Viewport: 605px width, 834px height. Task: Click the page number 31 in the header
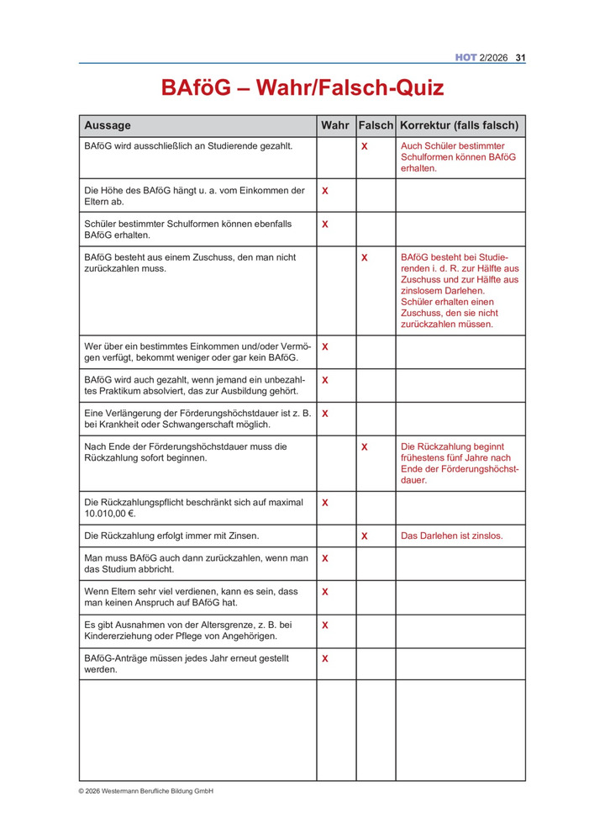click(520, 58)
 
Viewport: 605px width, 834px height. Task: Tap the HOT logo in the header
click(466, 58)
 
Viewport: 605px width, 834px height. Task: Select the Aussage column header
click(108, 125)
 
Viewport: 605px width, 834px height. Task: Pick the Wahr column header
click(334, 125)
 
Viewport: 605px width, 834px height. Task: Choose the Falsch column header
click(375, 125)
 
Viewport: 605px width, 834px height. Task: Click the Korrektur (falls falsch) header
click(459, 125)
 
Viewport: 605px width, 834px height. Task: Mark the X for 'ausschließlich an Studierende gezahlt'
click(365, 146)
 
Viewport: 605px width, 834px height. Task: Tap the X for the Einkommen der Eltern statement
click(325, 191)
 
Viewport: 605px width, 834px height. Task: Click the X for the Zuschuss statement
click(365, 257)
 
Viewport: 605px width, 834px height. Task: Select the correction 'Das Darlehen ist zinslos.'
click(451, 536)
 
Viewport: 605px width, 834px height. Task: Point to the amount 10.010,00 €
click(110, 513)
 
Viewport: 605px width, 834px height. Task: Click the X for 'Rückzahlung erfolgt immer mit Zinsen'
click(365, 536)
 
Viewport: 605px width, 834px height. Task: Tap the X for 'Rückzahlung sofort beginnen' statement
click(365, 447)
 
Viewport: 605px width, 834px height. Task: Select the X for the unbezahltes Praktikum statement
click(325, 380)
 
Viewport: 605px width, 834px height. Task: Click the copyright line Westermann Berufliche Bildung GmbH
click(146, 791)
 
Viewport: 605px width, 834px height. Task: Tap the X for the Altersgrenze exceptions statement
click(325, 625)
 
